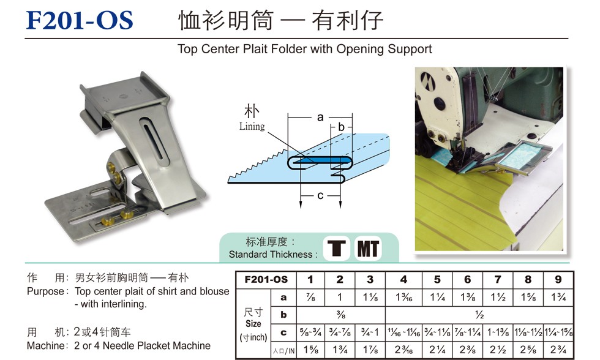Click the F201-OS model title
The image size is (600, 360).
coord(80,20)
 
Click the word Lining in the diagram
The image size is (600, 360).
coord(252,126)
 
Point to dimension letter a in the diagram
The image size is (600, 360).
coord(320,118)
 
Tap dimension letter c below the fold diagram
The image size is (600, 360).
coord(320,195)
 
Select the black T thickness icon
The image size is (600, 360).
coord(337,249)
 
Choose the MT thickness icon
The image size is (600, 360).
coord(368,249)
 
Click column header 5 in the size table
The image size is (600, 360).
coord(437,280)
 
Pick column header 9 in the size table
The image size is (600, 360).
coord(558,280)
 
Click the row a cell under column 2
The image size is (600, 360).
coord(340,298)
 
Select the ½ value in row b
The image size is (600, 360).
coord(479,315)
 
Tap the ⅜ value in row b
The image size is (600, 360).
coord(341,315)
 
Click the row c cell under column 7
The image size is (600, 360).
coord(498,332)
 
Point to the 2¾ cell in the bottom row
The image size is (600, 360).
coord(558,350)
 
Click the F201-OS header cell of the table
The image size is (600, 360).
coord(266,280)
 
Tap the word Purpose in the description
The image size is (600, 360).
coord(45,291)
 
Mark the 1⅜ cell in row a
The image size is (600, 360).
coord(468,298)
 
